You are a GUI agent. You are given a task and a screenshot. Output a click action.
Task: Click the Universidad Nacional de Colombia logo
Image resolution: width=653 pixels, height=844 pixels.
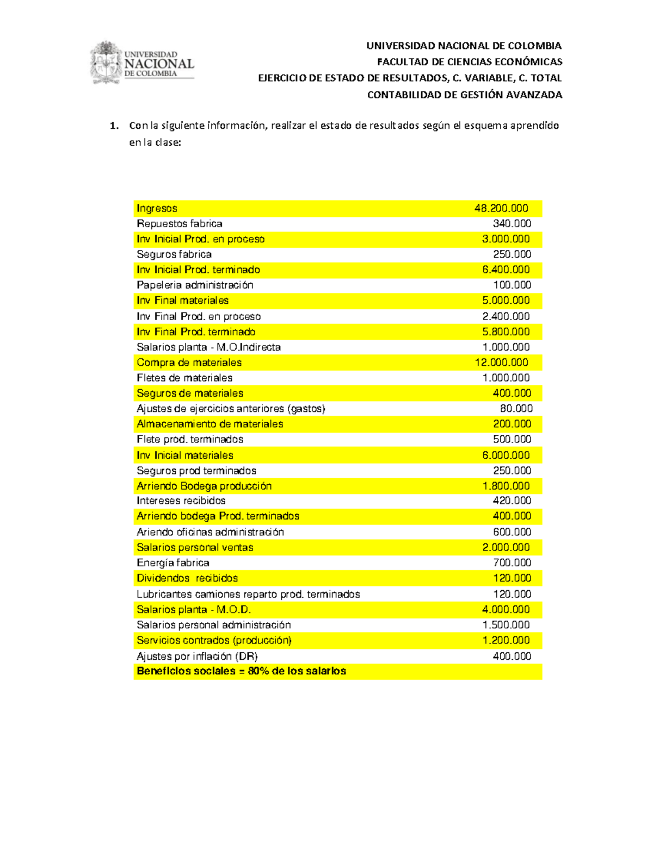coord(142,63)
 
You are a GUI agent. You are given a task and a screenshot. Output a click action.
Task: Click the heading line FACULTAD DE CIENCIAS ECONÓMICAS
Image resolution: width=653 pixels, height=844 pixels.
coord(469,62)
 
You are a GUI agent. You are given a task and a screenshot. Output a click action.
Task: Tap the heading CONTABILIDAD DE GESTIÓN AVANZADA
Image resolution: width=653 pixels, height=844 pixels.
coord(464,95)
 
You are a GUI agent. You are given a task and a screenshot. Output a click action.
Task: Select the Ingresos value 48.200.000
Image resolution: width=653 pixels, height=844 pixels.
coord(501,209)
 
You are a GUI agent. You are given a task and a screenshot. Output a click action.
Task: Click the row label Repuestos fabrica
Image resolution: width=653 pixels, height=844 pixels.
coord(179,224)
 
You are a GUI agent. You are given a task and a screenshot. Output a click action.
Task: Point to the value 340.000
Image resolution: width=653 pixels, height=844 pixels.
coord(512,224)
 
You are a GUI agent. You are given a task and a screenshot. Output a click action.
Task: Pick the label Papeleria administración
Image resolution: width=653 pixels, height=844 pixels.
coord(195,285)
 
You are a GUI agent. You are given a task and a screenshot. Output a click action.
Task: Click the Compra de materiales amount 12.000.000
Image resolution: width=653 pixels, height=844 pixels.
coord(501,362)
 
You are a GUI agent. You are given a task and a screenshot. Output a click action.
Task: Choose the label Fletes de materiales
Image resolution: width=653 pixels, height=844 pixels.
coord(184,378)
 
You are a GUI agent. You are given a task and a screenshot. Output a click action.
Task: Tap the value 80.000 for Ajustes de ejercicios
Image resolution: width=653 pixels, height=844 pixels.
coord(516,409)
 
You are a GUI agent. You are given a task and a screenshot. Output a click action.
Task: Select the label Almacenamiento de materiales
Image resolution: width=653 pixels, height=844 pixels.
coord(210,424)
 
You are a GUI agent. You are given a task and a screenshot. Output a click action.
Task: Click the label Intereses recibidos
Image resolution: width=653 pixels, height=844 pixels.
coord(181,501)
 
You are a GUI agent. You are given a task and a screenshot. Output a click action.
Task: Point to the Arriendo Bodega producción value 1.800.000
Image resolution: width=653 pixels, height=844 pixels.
coord(506,486)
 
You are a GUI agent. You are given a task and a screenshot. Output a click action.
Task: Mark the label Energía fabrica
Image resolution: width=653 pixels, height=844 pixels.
coord(173,563)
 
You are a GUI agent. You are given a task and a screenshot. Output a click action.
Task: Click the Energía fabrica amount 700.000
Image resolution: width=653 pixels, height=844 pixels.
coord(512,563)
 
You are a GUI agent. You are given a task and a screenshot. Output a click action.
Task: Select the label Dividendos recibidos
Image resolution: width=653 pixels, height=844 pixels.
coord(187,578)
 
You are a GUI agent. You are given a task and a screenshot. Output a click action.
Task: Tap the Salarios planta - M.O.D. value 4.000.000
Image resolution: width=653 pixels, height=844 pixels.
coord(506,610)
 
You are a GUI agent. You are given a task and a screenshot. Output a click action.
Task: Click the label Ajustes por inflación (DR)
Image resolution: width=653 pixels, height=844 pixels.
coord(197,657)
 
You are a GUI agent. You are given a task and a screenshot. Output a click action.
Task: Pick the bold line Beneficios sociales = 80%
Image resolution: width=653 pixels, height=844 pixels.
coord(241,671)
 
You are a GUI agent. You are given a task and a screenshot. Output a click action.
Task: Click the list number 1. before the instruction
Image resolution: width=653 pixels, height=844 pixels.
coord(114,126)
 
